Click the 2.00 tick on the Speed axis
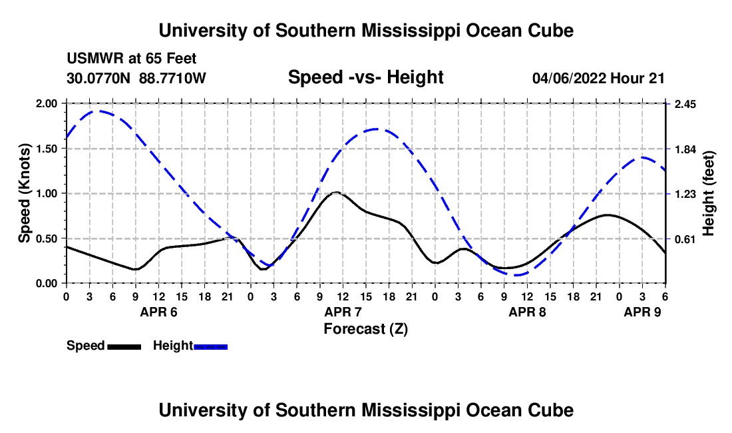pos(49,104)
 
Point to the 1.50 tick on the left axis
pos(49,149)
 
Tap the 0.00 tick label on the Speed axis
pos(49,283)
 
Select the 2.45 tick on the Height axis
pos(685,104)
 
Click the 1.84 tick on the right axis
pos(685,149)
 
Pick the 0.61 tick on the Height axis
pos(685,238)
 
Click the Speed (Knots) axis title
pos(25,193)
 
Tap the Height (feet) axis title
pos(708,193)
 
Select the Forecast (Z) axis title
pos(365,328)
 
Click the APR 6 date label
pos(158,312)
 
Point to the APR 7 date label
pos(343,312)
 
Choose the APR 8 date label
pos(527,312)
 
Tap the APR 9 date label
pos(642,312)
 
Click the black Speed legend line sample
pos(123,346)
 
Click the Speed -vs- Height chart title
pos(365,77)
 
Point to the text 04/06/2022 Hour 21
pos(598,78)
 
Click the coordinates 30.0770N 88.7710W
pos(136,78)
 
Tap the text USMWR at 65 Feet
pos(131,59)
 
